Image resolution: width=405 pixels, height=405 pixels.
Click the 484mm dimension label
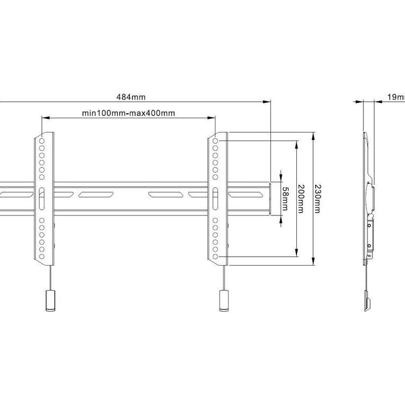point(131,97)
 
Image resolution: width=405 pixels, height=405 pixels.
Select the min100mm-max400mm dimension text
point(128,112)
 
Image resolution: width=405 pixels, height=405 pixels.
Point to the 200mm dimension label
point(301,199)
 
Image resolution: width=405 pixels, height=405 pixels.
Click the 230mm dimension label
point(317,199)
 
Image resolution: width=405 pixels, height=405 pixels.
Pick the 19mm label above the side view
point(395,97)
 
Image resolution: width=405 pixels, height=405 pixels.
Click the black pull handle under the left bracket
point(50,301)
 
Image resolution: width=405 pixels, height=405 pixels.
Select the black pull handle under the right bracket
point(224,301)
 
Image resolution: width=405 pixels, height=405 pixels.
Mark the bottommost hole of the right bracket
point(215,257)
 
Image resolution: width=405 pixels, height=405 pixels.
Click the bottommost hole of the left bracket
point(42,257)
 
